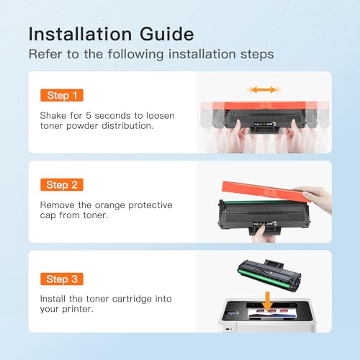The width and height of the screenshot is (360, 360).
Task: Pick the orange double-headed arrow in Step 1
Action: [x=263, y=90]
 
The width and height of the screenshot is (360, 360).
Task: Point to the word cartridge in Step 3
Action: [x=135, y=299]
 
